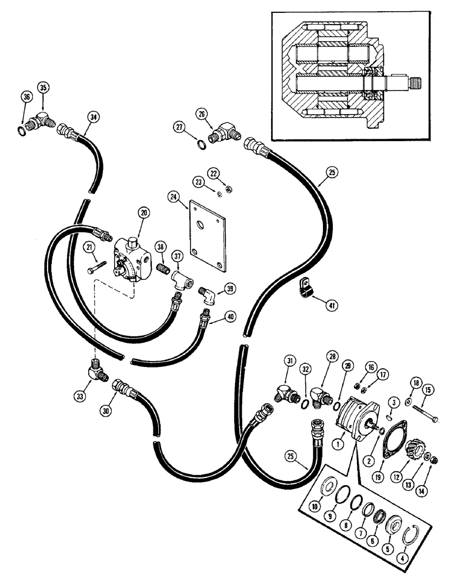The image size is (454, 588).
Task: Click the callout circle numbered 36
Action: point(25,97)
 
